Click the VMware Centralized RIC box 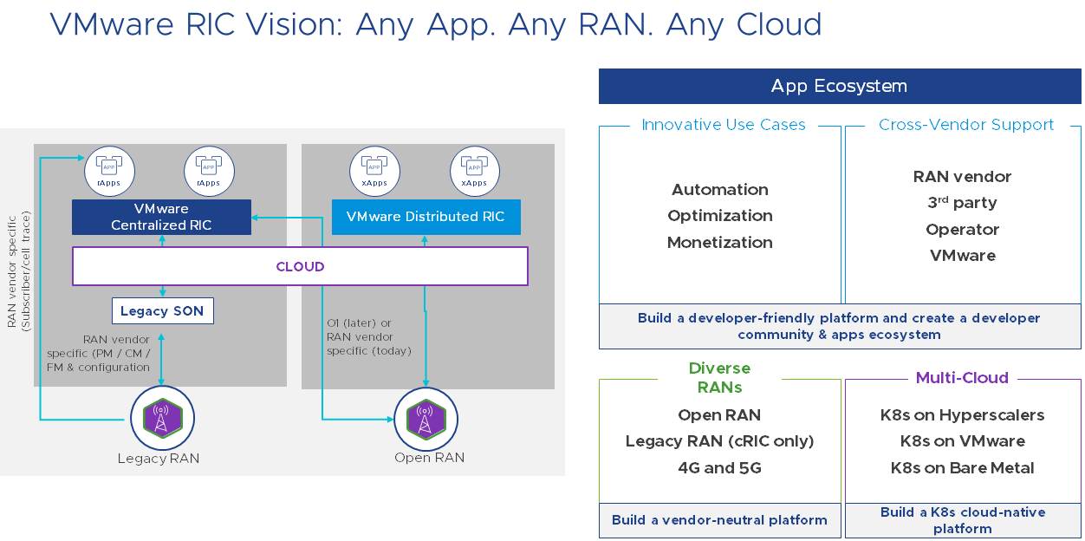(161, 217)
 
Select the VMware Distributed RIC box (426, 217)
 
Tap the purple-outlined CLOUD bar (300, 266)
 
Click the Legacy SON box (162, 310)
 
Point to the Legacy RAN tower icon (162, 418)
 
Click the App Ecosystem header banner (839, 86)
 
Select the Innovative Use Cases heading (723, 125)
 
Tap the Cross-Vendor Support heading (965, 125)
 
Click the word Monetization (719, 243)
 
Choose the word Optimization (719, 216)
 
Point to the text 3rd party (962, 203)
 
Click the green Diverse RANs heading (719, 377)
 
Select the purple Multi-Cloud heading (962, 378)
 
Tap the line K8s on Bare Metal (962, 468)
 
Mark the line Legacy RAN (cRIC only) (719, 441)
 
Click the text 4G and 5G (719, 468)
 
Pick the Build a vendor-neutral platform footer (719, 520)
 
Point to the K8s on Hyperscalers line (962, 415)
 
